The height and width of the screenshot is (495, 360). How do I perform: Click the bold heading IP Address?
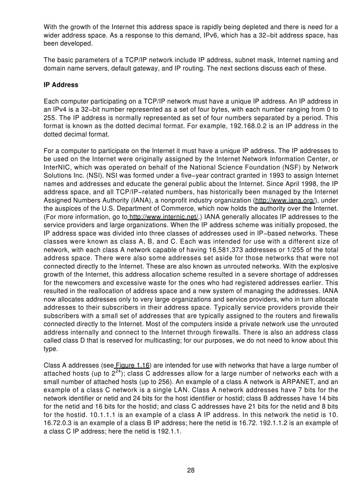click(61, 85)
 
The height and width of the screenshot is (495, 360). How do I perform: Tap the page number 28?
click(191, 470)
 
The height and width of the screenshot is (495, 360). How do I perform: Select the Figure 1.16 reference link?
click(133, 365)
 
